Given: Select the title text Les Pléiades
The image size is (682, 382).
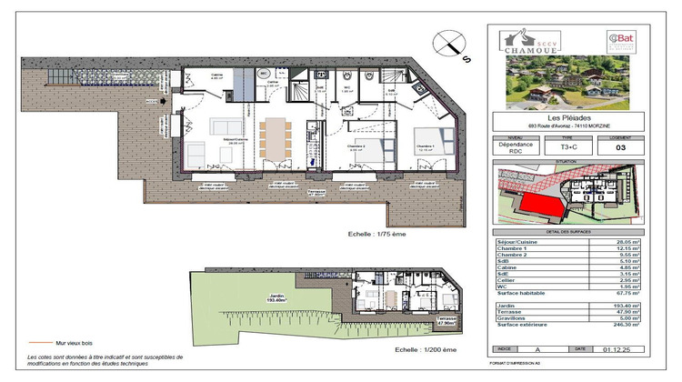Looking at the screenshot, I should (567, 116).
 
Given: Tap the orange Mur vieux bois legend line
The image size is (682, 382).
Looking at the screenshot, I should (38, 344).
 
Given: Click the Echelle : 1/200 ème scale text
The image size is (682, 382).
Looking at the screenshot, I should (424, 349).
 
